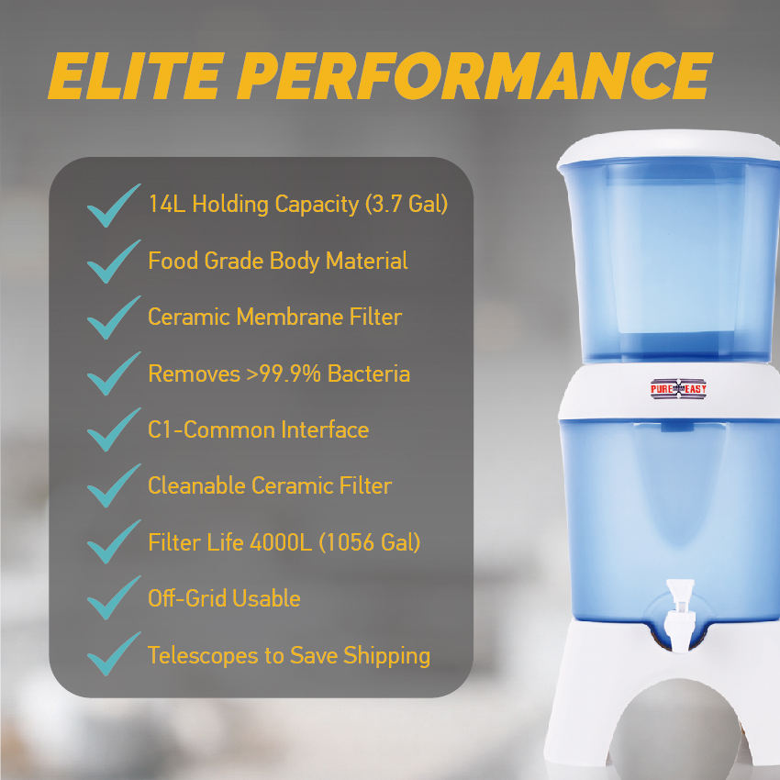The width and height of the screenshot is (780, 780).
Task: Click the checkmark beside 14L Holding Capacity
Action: tap(114, 206)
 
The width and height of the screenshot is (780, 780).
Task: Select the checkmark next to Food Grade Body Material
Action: tap(114, 262)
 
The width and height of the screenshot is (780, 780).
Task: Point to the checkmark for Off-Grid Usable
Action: tap(114, 598)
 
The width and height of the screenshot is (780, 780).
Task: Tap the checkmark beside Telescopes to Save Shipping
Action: tap(114, 654)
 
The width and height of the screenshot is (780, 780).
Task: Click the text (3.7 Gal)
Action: tap(407, 204)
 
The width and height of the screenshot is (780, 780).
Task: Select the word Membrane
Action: tap(289, 317)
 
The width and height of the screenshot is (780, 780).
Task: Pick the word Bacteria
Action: tap(369, 373)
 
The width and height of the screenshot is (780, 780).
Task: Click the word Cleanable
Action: tap(196, 486)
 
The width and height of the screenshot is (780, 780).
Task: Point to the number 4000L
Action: tap(281, 542)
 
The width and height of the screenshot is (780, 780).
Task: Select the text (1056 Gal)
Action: tap(370, 542)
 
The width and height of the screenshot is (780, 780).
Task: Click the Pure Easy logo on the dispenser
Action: tap(678, 389)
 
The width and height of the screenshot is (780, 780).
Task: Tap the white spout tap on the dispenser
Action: tap(679, 615)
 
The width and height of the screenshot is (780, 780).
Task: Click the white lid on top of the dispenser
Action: tap(669, 147)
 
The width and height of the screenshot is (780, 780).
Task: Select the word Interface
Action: tap(325, 429)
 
